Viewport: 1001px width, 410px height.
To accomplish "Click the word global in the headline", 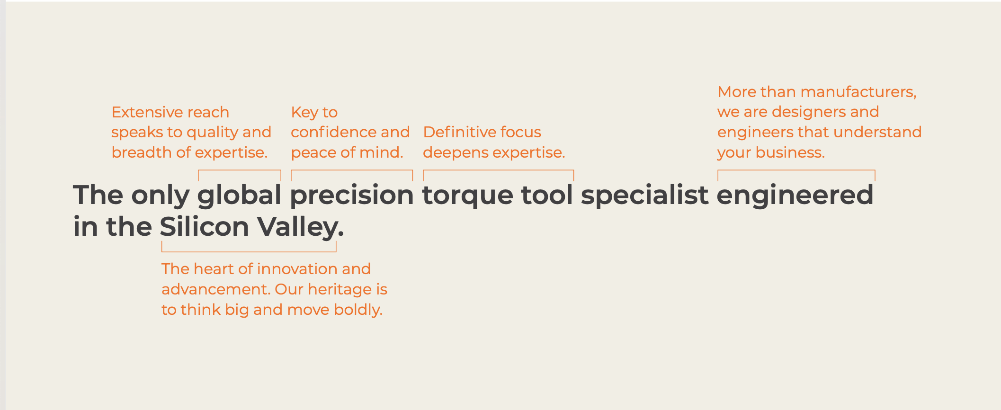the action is pos(239,196).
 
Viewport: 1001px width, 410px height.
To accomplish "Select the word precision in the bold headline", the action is pos(352,196).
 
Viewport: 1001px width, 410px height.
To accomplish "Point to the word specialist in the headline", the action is pos(644,196).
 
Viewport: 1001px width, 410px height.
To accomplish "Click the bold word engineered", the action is pos(795,196).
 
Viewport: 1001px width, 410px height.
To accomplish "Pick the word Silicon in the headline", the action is pos(204,226).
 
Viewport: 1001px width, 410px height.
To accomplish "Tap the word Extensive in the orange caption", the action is pos(143,112).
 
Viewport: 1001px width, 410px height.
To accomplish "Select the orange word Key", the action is pos(304,113).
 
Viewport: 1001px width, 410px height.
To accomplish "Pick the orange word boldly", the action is pos(358,310).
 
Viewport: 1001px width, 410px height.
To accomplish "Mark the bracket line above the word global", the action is pos(240,170).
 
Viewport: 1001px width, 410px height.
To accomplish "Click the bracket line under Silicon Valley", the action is pos(249,251).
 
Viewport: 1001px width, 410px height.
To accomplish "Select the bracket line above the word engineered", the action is pos(796,170).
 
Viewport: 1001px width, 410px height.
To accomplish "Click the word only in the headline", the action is pos(160,196).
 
